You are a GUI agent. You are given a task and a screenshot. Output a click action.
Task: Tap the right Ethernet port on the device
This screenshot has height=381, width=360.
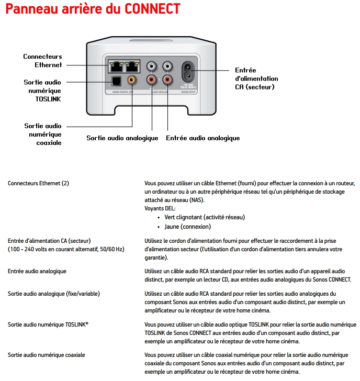tap(133, 66)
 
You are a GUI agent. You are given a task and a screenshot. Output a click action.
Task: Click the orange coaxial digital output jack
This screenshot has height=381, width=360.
tap(132, 80)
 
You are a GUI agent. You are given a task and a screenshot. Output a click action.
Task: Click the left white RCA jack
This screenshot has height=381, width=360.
tap(152, 66)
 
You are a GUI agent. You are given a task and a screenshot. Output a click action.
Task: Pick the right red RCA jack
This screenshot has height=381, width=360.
tap(168, 80)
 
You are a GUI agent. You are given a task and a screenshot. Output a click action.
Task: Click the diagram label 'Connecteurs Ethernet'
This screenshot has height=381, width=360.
tap(42, 61)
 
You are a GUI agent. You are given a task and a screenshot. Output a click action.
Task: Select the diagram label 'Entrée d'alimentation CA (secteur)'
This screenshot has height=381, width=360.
tap(256, 78)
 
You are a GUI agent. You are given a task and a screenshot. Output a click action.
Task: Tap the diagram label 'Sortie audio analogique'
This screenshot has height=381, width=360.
tap(122, 138)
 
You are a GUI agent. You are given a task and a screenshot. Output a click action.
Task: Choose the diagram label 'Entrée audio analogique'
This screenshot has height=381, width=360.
tap(203, 138)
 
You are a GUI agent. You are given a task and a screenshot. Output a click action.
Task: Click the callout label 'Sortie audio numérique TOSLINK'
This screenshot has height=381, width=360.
tap(42, 91)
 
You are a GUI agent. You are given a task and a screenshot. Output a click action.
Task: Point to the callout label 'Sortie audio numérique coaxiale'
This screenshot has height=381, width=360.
tap(42, 134)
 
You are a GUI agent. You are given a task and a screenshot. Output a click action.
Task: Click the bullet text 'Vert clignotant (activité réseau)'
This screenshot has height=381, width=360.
tap(205, 217)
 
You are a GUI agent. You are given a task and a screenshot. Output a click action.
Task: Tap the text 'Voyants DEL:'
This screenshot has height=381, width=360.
tap(160, 208)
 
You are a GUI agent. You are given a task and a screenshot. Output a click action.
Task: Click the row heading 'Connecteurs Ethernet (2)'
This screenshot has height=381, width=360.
tap(38, 183)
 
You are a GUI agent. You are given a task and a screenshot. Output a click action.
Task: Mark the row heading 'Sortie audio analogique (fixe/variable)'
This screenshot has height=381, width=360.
tap(54, 294)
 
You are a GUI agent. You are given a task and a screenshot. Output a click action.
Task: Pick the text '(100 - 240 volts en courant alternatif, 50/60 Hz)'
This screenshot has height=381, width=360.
tap(66, 249)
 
